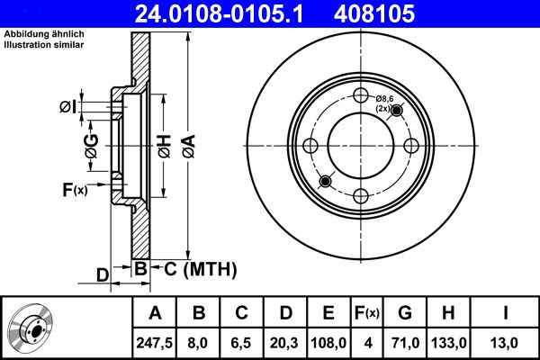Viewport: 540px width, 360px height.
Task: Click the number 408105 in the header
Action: (400, 13)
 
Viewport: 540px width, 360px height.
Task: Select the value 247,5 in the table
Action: (155, 344)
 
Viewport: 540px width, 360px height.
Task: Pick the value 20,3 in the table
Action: (285, 344)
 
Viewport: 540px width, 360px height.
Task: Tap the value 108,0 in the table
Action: (328, 344)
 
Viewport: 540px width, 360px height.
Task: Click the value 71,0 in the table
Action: (405, 344)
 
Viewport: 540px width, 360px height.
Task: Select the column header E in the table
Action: (328, 313)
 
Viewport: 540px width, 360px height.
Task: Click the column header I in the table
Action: (505, 313)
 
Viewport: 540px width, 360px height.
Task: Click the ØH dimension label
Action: (163, 147)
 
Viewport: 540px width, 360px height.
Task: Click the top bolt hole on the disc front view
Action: (361, 97)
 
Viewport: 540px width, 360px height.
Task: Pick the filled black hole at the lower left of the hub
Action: (325, 182)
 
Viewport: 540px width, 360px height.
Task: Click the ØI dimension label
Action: (67, 109)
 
